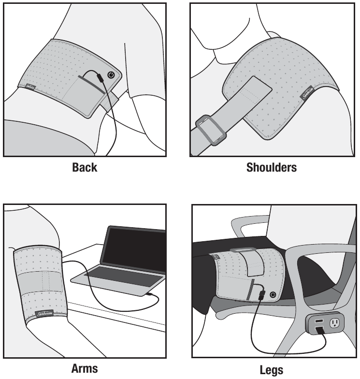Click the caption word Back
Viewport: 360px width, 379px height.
(85, 168)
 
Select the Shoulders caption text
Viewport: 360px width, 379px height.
(272, 168)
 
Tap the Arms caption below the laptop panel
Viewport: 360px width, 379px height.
(85, 368)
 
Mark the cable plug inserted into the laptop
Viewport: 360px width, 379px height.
(151, 293)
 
